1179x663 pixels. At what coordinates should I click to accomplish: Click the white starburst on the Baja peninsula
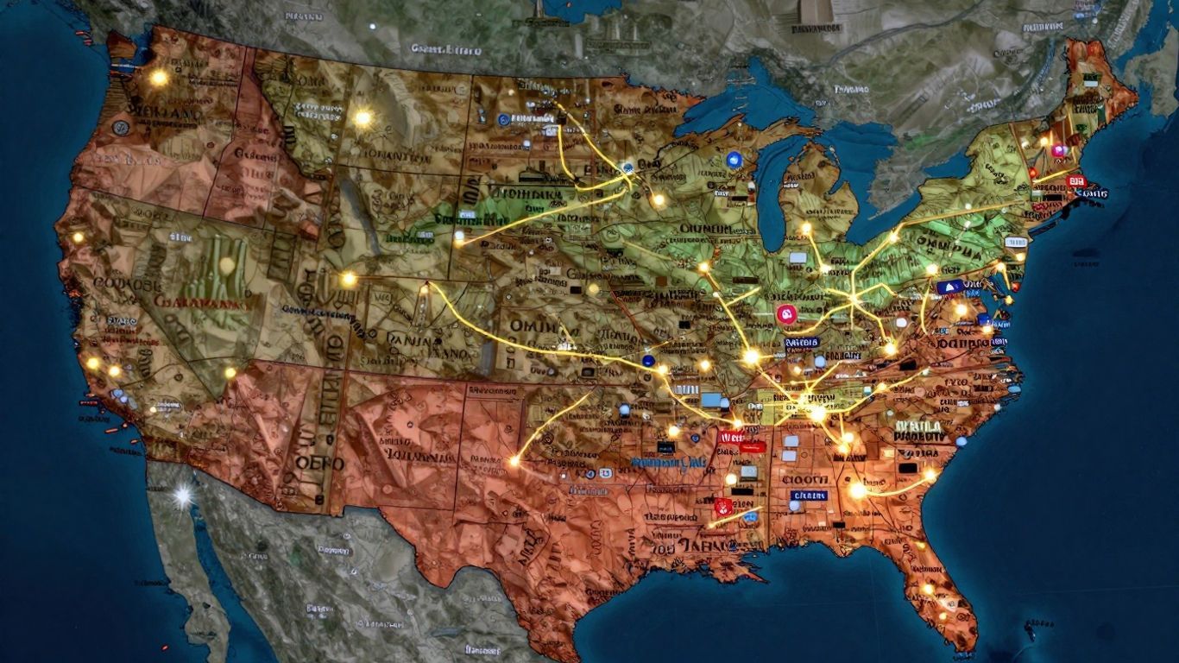[x=183, y=496]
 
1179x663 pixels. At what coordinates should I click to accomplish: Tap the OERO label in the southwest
[x=319, y=463]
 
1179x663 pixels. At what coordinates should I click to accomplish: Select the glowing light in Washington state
[x=159, y=78]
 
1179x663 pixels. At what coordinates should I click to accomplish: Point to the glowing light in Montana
[x=363, y=117]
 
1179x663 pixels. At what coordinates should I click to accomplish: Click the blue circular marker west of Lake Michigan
[x=735, y=159]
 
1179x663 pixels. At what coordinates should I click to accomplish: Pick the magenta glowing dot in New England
[x=1059, y=150]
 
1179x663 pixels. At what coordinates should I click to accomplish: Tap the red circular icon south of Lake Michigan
[x=785, y=314]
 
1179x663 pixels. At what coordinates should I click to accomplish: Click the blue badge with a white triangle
[x=949, y=287]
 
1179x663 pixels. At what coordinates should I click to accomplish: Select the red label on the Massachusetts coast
[x=1075, y=181]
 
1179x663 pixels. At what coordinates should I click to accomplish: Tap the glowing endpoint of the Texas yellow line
[x=514, y=461]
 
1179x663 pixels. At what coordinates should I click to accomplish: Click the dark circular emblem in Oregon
[x=121, y=128]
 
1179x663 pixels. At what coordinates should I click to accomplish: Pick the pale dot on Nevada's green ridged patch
[x=227, y=266]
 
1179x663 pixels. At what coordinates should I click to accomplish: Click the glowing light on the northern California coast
[x=78, y=237]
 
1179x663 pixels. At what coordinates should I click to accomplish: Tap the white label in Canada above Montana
[x=444, y=50]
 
